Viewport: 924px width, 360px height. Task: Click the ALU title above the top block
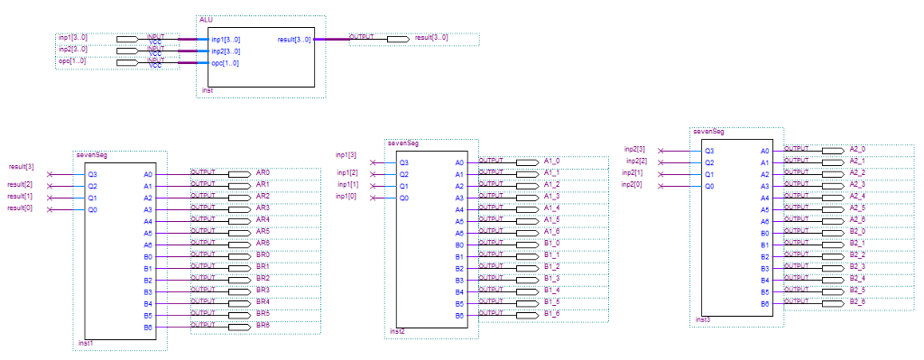click(x=205, y=19)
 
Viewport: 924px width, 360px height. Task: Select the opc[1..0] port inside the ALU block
click(x=226, y=63)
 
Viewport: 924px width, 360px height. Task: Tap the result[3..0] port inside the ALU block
click(x=294, y=40)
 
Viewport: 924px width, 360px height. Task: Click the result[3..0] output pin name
click(x=430, y=38)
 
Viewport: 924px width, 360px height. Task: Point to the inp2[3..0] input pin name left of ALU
click(x=72, y=49)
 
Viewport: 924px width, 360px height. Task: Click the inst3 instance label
click(x=702, y=320)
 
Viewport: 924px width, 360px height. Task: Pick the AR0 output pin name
click(x=263, y=171)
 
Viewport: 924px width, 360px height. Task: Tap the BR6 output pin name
click(x=263, y=324)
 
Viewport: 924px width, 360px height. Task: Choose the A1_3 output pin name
click(x=552, y=196)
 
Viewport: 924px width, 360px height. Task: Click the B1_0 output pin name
click(x=552, y=243)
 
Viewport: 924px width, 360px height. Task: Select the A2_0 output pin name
click(x=857, y=148)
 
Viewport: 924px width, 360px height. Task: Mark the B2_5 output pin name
click(x=857, y=290)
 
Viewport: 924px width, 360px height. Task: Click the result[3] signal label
click(x=22, y=167)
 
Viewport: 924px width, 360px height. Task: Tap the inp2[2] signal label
click(x=636, y=161)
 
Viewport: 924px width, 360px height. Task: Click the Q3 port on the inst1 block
click(x=92, y=173)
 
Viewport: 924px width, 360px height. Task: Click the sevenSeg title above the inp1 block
click(x=402, y=143)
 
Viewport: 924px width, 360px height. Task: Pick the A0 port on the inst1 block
click(x=149, y=173)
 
